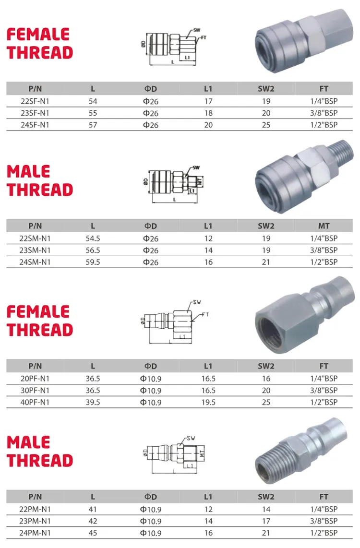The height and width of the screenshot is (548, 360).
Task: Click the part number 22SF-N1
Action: (x=36, y=101)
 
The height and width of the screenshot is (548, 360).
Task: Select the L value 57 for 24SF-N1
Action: (x=93, y=125)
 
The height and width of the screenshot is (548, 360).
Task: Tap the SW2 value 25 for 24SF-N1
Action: (x=266, y=125)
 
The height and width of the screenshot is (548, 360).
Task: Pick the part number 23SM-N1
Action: (x=36, y=250)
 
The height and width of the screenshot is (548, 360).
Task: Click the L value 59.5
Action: (x=93, y=262)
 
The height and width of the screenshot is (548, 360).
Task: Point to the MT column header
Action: (x=324, y=226)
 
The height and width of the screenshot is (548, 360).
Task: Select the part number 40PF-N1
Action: (x=36, y=402)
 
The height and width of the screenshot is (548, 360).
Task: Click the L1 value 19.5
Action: (x=208, y=402)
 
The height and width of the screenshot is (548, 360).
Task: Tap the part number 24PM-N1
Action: (x=36, y=533)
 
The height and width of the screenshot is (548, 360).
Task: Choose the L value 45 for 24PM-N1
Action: (x=93, y=533)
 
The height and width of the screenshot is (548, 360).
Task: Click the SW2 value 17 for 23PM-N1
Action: (x=266, y=521)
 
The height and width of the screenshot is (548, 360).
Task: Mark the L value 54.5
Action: (x=93, y=238)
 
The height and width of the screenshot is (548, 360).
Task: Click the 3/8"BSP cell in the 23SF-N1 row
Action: (x=324, y=113)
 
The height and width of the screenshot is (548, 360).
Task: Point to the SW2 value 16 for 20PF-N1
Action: (x=266, y=379)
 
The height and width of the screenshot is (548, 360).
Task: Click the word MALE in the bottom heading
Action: (x=28, y=442)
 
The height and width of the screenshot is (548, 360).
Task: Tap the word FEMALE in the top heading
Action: (x=38, y=35)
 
